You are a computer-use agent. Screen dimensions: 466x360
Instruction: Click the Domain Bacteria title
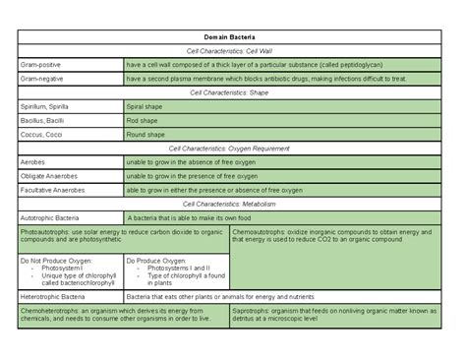click(x=233, y=36)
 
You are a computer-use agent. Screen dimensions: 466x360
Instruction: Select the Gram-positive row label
click(x=39, y=65)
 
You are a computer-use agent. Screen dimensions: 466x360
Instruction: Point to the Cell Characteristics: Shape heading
click(x=233, y=92)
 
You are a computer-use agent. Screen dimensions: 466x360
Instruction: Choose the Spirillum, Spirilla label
click(x=45, y=106)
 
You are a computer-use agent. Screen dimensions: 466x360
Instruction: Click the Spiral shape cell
click(x=145, y=106)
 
